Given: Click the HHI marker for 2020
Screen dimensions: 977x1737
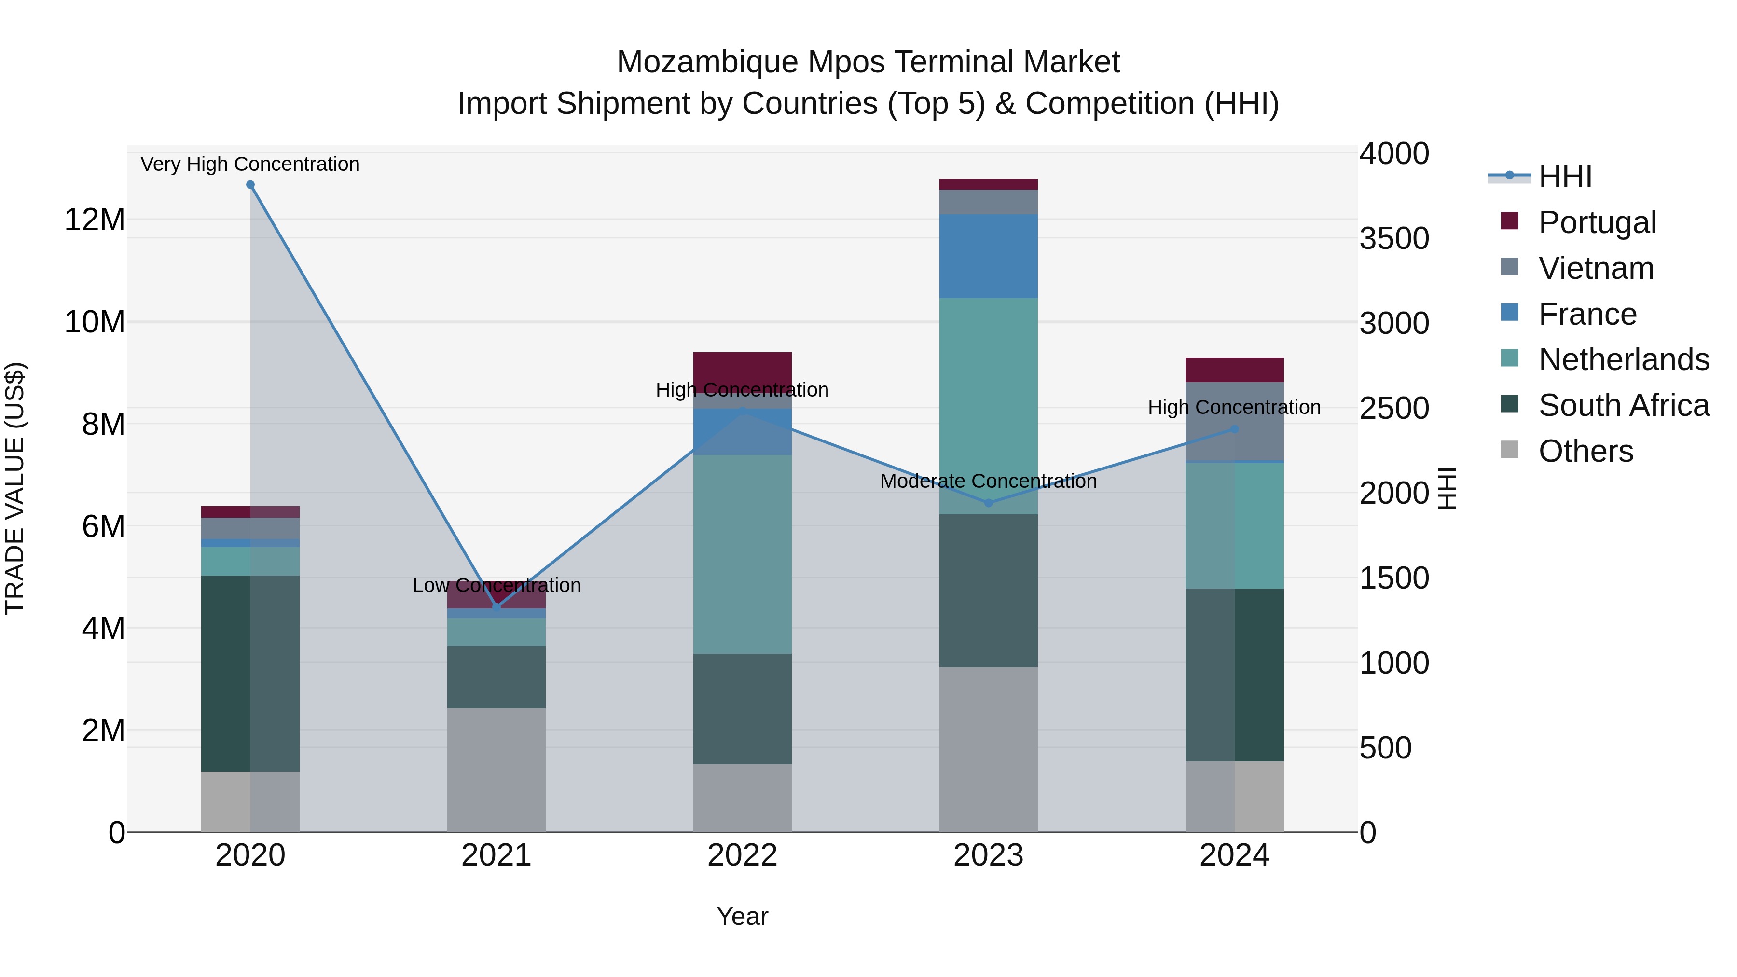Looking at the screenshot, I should (x=250, y=185).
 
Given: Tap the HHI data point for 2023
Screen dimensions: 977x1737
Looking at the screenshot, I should (x=989, y=503).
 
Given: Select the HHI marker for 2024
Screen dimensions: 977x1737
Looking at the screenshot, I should (x=1235, y=429).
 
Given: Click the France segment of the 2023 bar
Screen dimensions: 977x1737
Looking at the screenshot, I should (x=989, y=256).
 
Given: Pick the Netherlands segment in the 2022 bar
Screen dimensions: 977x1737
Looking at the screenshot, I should (x=743, y=554).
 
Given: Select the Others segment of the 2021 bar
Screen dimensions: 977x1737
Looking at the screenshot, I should (x=496, y=770).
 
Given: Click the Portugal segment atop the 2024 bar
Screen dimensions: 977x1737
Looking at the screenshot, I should (x=1235, y=370).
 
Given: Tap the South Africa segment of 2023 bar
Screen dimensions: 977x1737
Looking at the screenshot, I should (x=989, y=591).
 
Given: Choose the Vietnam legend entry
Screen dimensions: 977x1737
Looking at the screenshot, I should (x=1596, y=268).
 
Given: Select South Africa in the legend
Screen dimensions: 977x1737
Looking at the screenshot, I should (x=1623, y=406).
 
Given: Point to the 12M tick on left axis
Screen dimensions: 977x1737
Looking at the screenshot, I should (x=95, y=220).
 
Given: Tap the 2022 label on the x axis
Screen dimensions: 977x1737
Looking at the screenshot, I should (x=743, y=855).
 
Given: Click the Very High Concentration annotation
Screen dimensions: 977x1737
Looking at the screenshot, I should (x=250, y=164).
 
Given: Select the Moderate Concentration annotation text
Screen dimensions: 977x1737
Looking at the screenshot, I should (x=989, y=482).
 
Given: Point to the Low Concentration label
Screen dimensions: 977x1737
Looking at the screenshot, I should (x=496, y=585).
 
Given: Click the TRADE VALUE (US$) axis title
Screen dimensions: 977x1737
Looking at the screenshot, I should (x=15, y=488).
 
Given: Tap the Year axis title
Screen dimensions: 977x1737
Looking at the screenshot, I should (x=743, y=916).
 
